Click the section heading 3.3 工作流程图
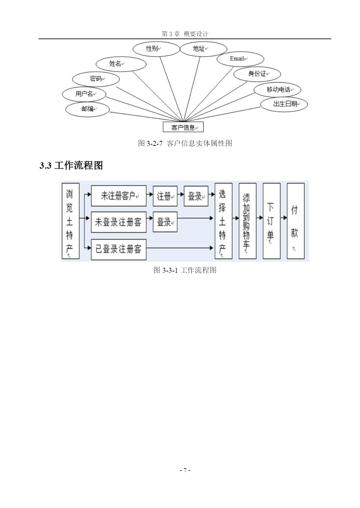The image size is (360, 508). tap(71, 166)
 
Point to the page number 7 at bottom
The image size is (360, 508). tap(185, 470)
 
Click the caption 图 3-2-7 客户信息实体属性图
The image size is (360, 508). tap(185, 143)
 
